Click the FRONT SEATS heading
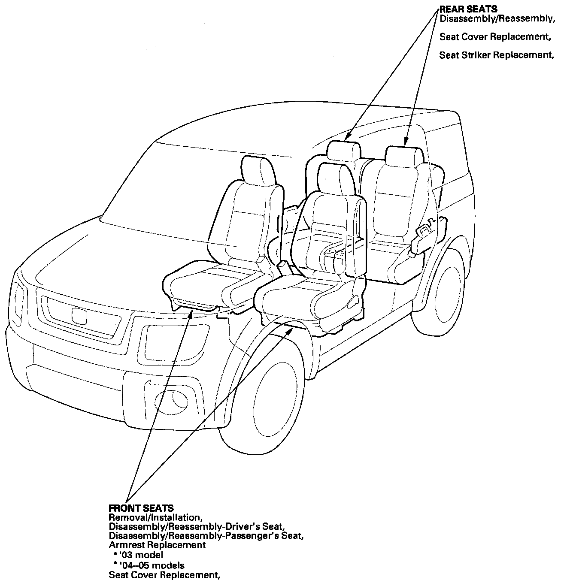[x=141, y=509]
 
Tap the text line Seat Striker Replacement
[x=494, y=55]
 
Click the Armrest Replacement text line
[x=157, y=545]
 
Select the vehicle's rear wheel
[x=446, y=289]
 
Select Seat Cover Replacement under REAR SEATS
[x=495, y=37]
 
